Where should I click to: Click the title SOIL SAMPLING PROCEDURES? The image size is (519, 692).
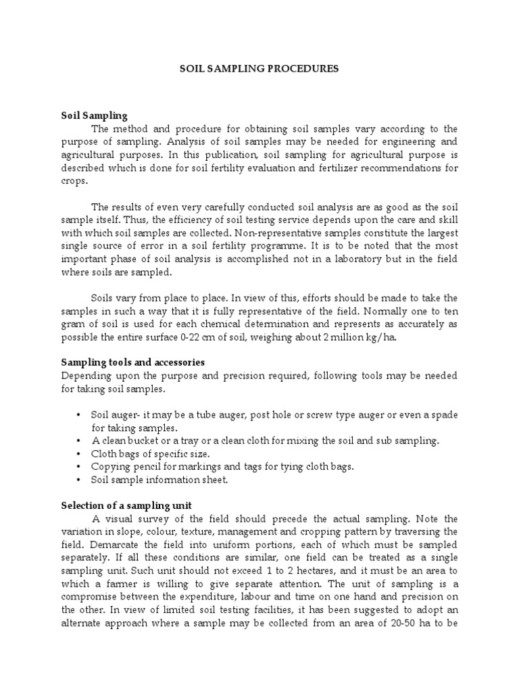[x=259, y=69]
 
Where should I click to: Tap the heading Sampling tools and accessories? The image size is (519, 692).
[x=132, y=363]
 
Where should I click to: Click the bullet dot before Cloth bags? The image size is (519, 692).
[x=78, y=453]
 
